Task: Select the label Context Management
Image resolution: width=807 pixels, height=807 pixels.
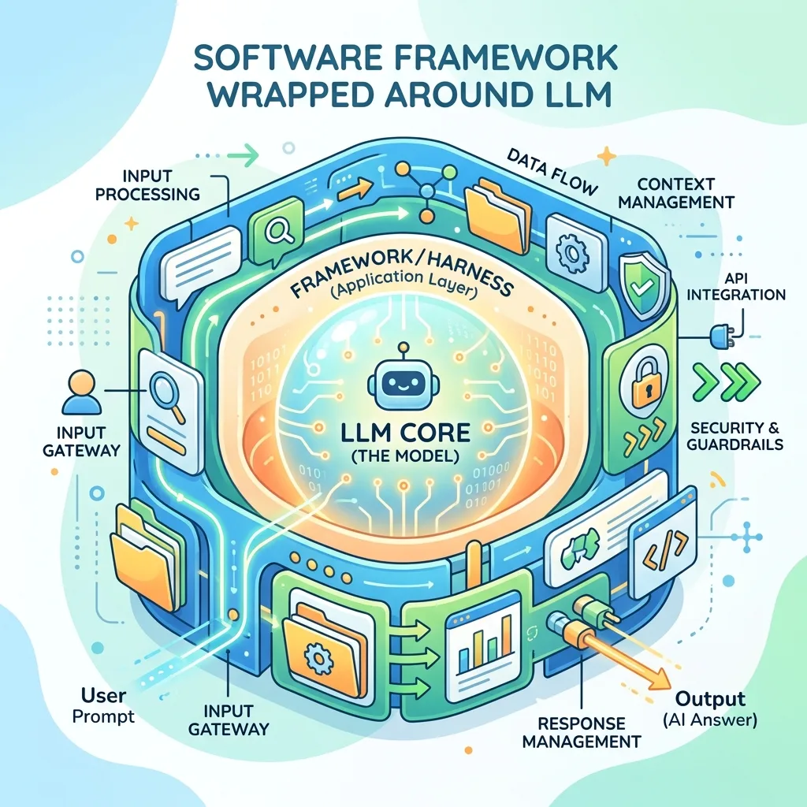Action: (675, 193)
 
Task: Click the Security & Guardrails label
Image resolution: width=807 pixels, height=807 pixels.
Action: (735, 435)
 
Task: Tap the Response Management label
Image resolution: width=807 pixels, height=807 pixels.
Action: (582, 732)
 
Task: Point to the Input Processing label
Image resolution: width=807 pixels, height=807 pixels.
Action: (147, 185)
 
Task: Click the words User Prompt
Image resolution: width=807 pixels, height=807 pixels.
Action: (103, 705)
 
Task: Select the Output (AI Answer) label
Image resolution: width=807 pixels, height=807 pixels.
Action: (710, 708)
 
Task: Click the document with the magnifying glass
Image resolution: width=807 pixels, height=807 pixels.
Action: (171, 411)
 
